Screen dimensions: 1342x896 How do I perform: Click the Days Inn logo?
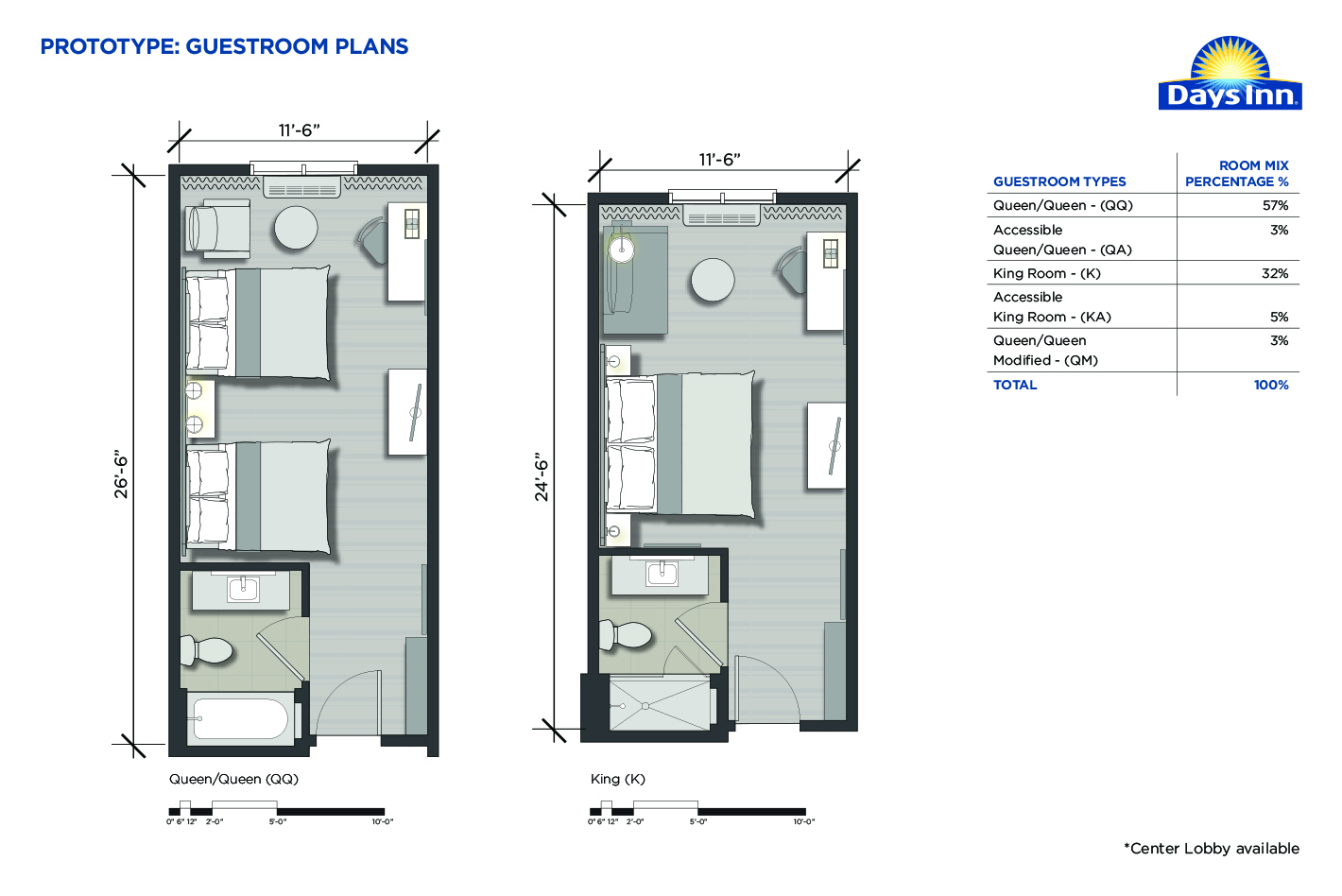click(x=1230, y=73)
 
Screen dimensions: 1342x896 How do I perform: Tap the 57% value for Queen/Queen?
click(x=1275, y=206)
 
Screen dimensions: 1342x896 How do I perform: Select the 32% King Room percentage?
click(x=1275, y=273)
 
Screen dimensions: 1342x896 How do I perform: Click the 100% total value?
click(x=1271, y=385)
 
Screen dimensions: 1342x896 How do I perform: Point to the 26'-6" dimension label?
click(x=121, y=476)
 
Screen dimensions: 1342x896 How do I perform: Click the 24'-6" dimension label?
click(x=542, y=479)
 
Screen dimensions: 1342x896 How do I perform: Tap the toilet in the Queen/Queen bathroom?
click(x=206, y=650)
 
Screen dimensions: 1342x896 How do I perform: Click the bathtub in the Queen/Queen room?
click(x=240, y=718)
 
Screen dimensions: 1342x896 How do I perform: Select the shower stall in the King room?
click(x=660, y=703)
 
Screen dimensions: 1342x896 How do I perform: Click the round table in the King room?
click(x=713, y=280)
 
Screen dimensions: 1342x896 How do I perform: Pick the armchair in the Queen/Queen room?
click(x=216, y=229)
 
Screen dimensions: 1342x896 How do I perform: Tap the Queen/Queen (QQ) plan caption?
click(x=233, y=779)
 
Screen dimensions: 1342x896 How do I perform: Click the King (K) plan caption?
click(x=618, y=779)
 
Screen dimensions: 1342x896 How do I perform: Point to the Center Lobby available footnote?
click(x=1212, y=849)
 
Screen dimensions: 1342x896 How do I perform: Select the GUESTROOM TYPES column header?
click(x=1059, y=181)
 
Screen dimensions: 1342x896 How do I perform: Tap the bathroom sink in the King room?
click(x=662, y=574)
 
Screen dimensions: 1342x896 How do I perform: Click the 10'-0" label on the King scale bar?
click(x=804, y=821)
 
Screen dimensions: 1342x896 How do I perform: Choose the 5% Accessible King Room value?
click(x=1279, y=317)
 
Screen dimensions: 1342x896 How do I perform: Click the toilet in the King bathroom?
click(x=626, y=634)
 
